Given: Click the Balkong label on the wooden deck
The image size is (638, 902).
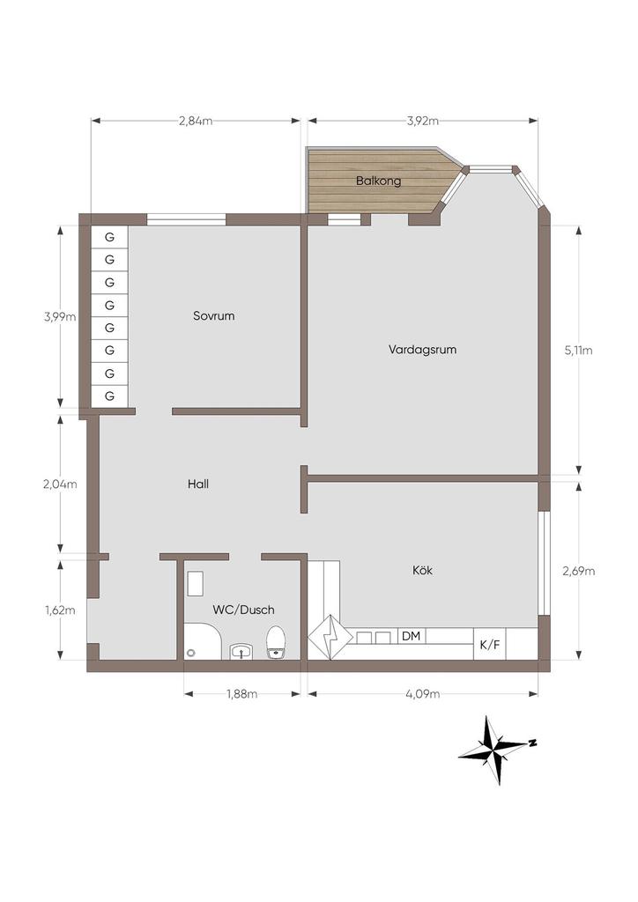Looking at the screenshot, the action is click(x=378, y=181).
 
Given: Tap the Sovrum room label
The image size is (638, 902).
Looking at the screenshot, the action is click(x=213, y=316).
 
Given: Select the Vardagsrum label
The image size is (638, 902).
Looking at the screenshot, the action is click(x=422, y=350).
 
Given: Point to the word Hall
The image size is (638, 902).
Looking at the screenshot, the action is click(x=198, y=484).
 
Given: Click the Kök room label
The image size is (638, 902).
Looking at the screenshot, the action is click(x=422, y=570).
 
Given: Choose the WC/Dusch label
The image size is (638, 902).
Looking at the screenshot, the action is click(x=243, y=610).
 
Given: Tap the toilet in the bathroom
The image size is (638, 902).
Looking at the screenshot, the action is click(x=276, y=642).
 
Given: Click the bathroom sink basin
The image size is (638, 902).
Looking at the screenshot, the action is click(x=241, y=652).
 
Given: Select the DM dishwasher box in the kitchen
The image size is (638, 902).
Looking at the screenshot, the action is click(x=412, y=636).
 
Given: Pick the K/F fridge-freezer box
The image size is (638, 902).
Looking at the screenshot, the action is click(x=490, y=644).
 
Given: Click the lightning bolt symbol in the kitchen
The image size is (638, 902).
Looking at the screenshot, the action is click(x=330, y=638).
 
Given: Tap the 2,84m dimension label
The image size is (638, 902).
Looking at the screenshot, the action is click(x=196, y=121).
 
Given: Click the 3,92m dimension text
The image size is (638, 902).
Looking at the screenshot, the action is click(x=423, y=121).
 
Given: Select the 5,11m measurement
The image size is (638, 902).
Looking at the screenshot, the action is click(x=578, y=351).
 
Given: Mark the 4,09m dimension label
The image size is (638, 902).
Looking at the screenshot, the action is click(x=423, y=694).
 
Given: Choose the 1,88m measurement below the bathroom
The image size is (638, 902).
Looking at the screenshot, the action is click(x=241, y=694).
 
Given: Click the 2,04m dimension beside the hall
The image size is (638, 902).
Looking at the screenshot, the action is click(x=60, y=484).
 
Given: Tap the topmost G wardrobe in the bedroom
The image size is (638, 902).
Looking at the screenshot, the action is click(x=109, y=236).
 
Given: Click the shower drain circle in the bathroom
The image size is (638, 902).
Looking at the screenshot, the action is click(x=191, y=653).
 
